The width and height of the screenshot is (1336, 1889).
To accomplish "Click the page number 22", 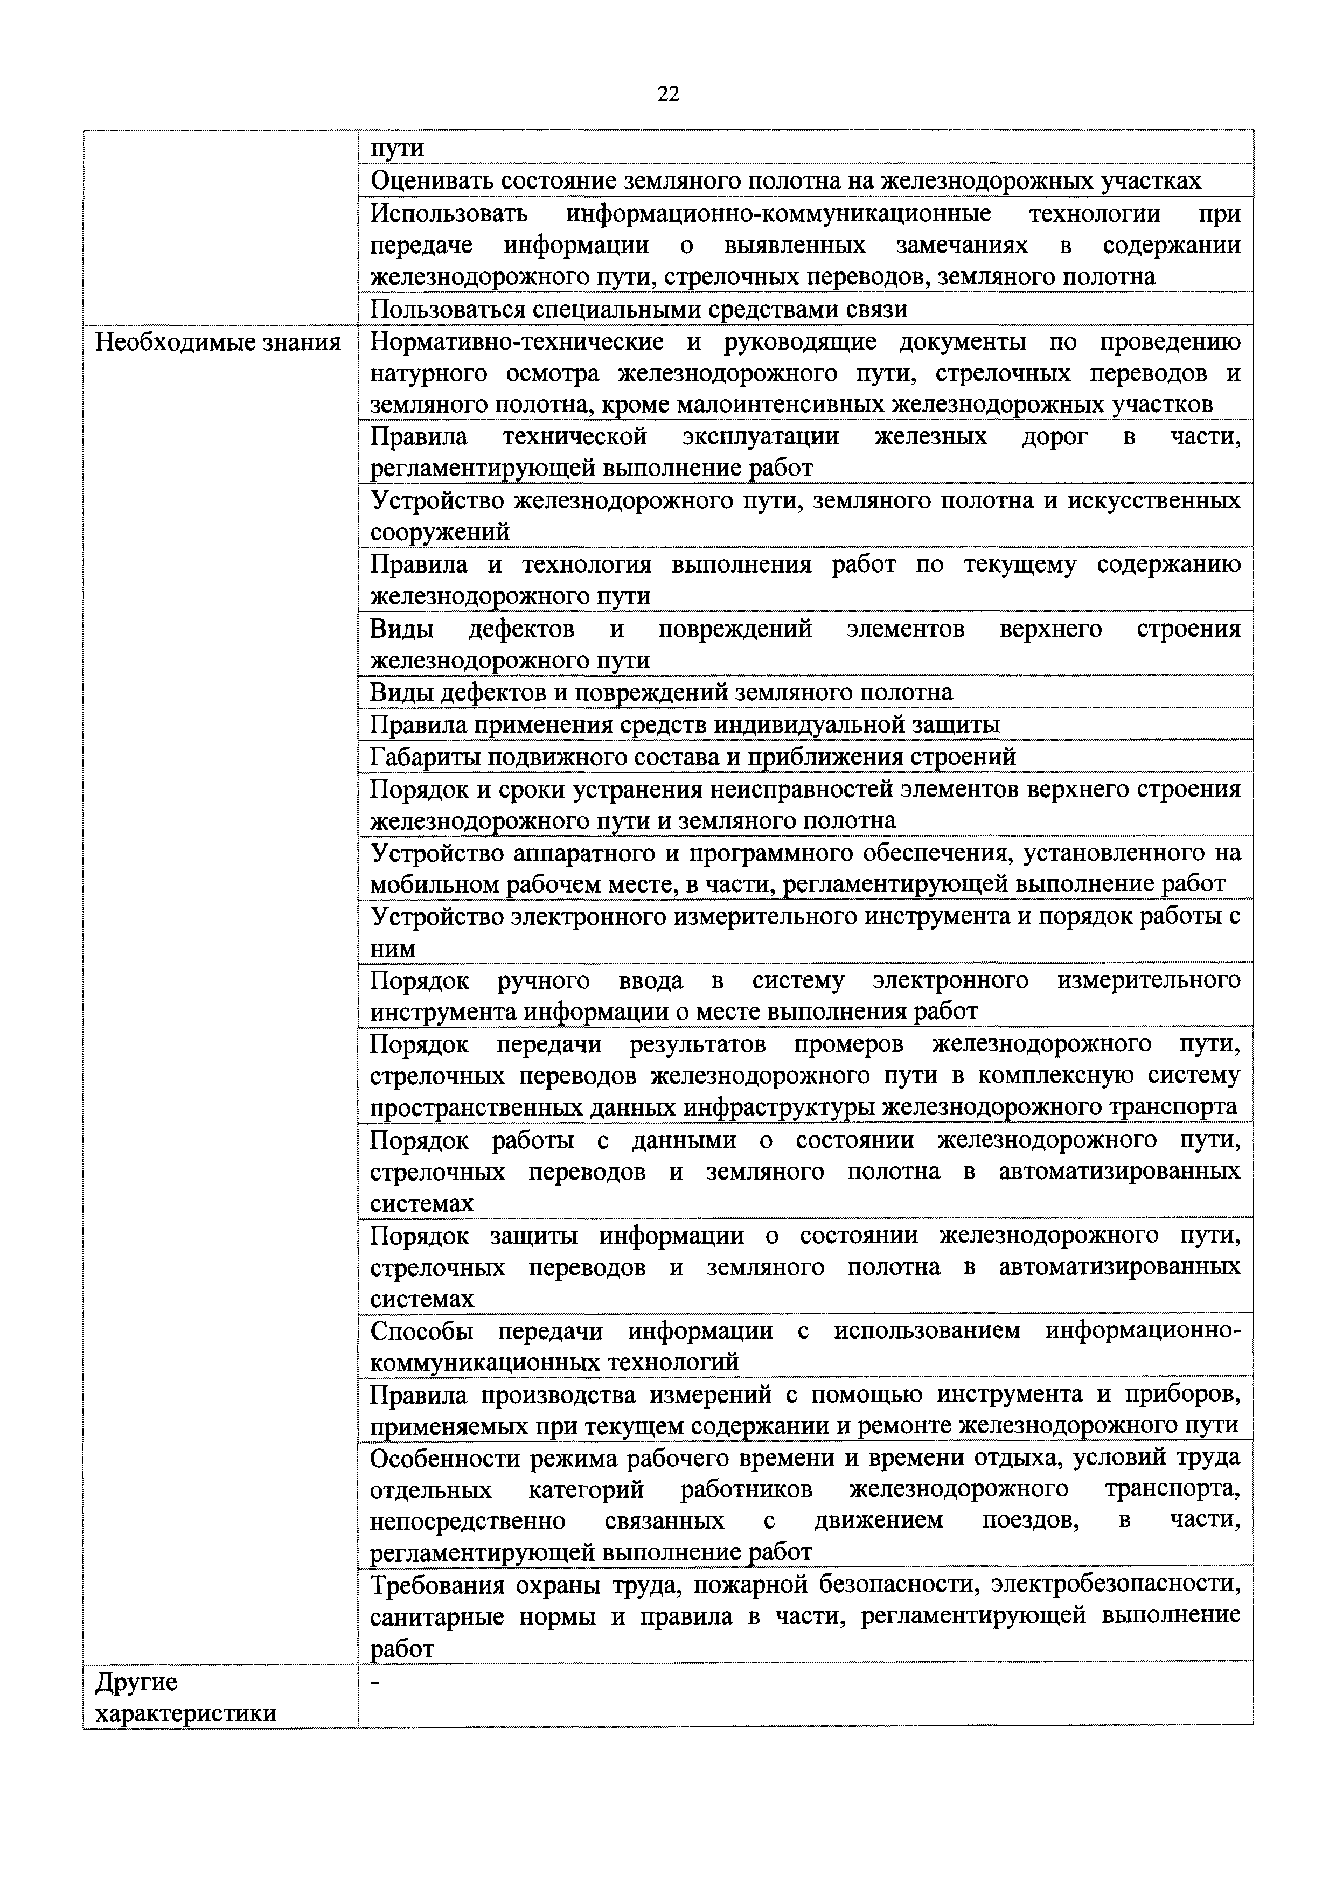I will (x=668, y=95).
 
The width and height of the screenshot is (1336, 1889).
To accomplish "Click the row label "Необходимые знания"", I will (x=218, y=342).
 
